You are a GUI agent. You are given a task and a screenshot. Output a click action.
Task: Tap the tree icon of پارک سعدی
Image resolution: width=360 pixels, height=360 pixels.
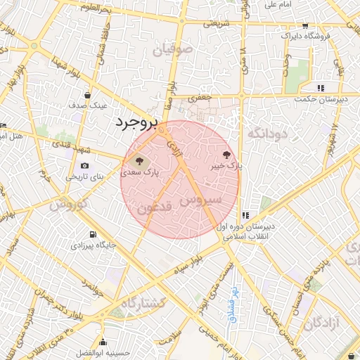(139, 160)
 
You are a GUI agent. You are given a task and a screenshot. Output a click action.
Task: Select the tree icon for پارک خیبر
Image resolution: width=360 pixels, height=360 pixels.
(226, 155)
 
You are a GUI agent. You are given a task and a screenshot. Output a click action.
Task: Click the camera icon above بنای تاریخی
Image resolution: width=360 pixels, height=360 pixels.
(75, 166)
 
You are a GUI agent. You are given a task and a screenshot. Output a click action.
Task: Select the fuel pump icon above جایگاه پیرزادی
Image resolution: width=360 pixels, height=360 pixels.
(91, 235)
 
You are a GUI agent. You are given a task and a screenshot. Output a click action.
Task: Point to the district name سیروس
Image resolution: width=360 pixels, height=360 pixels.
(200, 200)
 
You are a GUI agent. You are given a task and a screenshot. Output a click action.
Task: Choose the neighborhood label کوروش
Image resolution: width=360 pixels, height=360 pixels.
(67, 205)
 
